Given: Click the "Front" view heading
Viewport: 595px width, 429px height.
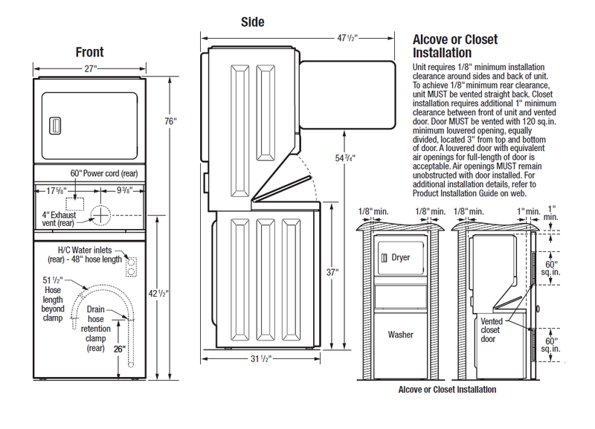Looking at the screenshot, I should [89, 52].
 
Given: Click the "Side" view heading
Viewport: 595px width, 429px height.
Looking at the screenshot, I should [252, 22].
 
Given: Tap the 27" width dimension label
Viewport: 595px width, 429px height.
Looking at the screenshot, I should [90, 68].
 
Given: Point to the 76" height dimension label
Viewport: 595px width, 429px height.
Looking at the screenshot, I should [171, 121].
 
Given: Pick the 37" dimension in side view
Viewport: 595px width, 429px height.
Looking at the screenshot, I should [332, 272].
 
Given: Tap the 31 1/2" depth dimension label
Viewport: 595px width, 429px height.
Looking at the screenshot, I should [260, 359].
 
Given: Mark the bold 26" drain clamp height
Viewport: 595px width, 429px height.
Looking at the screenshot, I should [118, 346].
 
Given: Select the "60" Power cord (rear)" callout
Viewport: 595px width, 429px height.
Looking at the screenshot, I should [105, 173].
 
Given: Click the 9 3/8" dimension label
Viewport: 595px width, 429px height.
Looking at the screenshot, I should [128, 189].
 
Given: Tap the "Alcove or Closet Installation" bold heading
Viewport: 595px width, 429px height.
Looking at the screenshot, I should [454, 45].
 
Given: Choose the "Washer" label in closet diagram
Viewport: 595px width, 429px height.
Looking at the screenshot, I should [400, 335].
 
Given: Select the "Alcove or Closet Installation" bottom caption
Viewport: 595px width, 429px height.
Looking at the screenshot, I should [447, 390].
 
